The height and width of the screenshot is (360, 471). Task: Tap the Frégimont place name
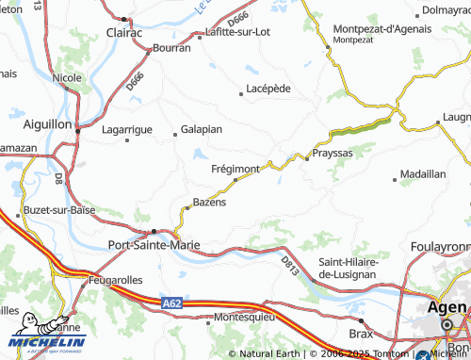(235, 169)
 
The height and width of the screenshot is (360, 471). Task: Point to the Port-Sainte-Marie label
(155, 246)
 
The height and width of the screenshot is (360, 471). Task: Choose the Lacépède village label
(271, 89)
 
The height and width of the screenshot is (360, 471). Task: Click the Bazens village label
(208, 203)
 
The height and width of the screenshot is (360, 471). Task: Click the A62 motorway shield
(171, 303)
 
